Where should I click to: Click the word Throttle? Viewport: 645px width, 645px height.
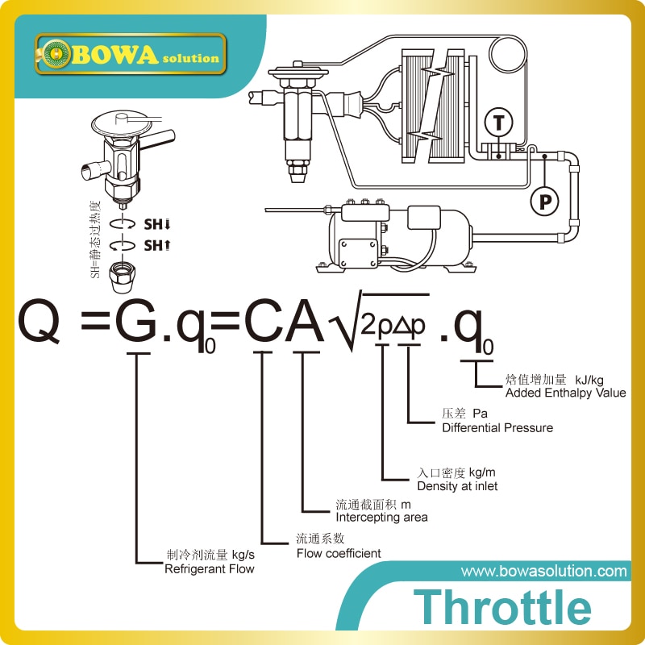(x=502, y=606)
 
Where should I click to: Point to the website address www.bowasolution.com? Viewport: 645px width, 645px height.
(x=543, y=571)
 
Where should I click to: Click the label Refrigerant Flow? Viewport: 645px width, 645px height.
(x=210, y=569)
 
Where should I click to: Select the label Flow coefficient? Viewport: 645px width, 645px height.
(x=339, y=553)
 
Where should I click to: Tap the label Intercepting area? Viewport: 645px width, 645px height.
(x=381, y=517)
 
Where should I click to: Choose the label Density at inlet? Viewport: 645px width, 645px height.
(x=457, y=486)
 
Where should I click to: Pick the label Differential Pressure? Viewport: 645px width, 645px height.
(x=497, y=427)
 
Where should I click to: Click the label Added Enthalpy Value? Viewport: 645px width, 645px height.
(x=565, y=393)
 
